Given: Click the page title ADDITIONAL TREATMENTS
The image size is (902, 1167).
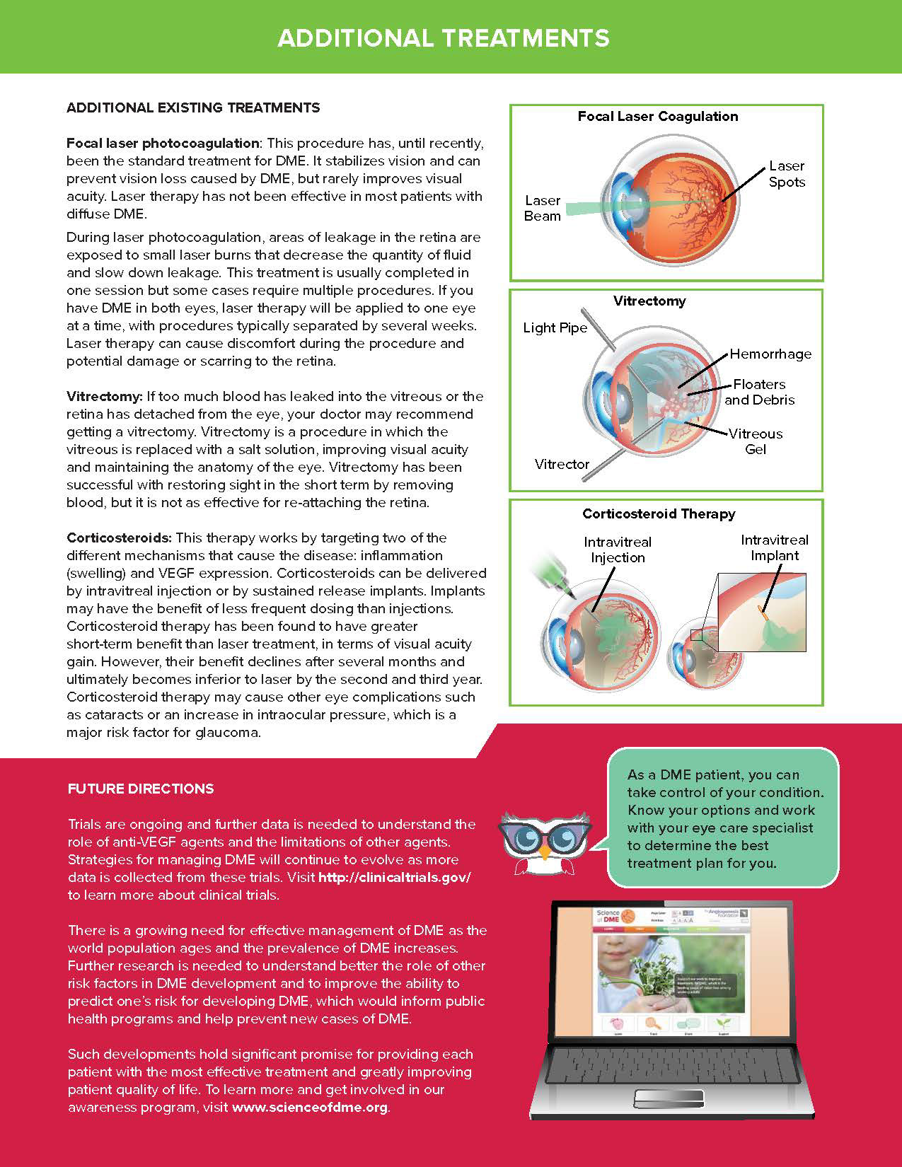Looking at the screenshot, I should tap(444, 37).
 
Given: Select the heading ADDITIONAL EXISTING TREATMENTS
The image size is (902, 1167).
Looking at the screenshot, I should tap(193, 108).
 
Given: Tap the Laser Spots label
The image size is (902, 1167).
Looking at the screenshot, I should tap(787, 174).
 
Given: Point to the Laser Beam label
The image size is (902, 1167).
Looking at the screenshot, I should tap(543, 209).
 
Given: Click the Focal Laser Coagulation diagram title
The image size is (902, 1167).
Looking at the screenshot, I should tap(657, 117).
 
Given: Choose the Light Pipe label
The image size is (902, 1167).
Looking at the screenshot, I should tap(555, 328).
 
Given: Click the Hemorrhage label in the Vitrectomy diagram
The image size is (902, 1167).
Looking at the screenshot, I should tap(770, 354).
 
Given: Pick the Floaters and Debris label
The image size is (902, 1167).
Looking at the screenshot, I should tap(759, 392).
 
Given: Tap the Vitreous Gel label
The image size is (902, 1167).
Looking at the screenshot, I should tap(756, 441).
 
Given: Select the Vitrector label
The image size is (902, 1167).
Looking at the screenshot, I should tap(562, 464).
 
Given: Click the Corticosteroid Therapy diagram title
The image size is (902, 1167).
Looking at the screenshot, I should tap(659, 514).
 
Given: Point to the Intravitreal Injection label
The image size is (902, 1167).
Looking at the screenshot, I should tap(618, 550).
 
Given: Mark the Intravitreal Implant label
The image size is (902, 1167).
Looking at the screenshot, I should tap(774, 547).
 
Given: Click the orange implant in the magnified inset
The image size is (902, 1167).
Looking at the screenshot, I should tap(761, 609).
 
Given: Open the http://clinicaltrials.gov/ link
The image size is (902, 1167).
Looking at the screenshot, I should tap(395, 877).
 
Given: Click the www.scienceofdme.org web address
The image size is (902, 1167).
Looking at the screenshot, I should tap(310, 1107).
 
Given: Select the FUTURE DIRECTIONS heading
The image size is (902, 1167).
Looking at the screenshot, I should tap(141, 789).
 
